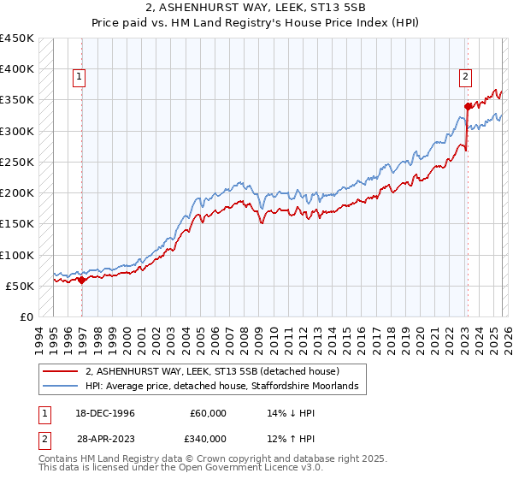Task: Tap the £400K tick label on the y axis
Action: click(17, 69)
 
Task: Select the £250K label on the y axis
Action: click(17, 162)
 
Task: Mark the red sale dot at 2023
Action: click(468, 106)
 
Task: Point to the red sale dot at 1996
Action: click(82, 279)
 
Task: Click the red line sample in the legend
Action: click(60, 371)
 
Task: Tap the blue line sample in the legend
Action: click(60, 387)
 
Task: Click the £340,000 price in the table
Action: click(209, 438)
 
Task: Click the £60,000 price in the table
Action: click(209, 412)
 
